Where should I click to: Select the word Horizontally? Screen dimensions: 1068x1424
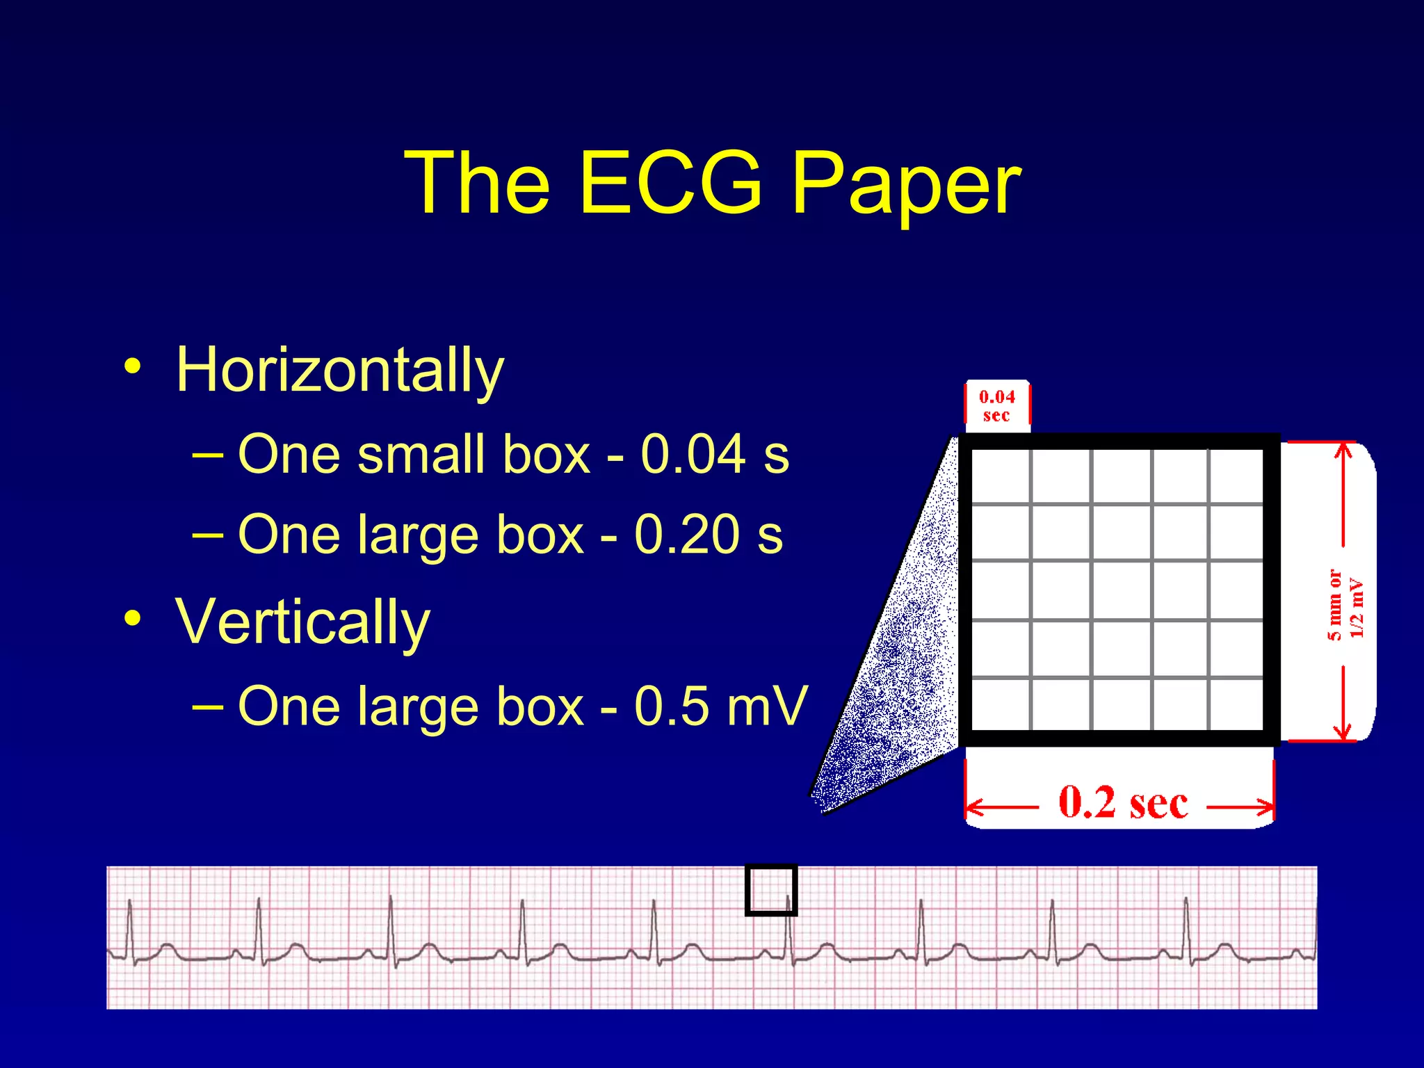tap(339, 370)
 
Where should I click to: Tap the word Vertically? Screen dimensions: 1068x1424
tap(302, 622)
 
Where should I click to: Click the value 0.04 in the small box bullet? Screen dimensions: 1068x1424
tap(693, 455)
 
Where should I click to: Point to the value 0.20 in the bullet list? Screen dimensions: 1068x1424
tap(687, 535)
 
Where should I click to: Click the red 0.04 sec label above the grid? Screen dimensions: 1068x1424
tap(996, 406)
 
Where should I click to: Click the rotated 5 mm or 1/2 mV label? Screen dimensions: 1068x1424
tap(1344, 604)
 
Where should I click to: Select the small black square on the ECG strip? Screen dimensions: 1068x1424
tap(770, 889)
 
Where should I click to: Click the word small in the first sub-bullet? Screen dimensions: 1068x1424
tap(419, 455)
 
